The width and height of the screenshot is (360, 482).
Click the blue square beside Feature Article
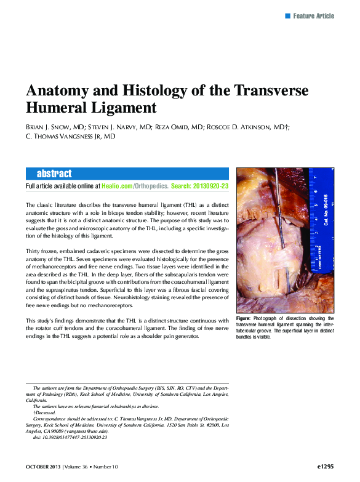pos(287,15)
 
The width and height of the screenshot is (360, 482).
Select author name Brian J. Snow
pos(52,127)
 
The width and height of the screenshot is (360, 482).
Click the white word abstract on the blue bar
pos(54,174)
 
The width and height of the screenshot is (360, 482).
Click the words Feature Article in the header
pos(313,15)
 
